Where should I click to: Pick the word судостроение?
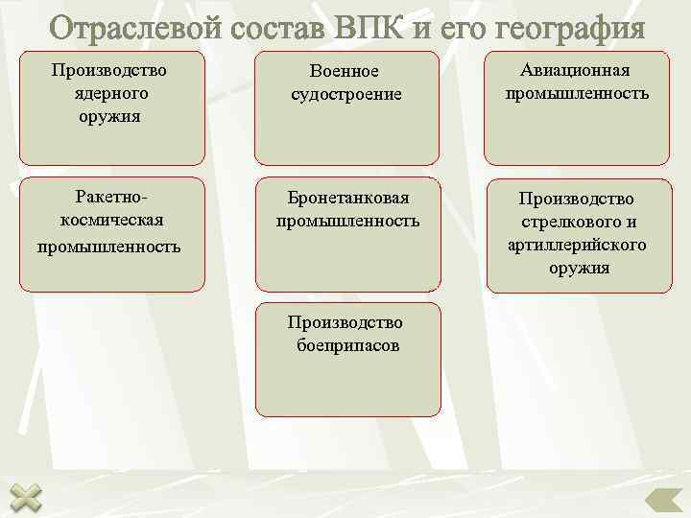(345, 95)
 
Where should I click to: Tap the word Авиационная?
(576, 71)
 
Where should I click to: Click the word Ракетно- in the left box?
(110, 198)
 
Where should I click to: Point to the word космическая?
(110, 221)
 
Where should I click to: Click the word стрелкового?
(577, 222)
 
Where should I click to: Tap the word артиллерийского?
(577, 245)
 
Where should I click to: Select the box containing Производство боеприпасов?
(348, 361)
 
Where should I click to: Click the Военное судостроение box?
(345, 108)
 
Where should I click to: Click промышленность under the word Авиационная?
(577, 94)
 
